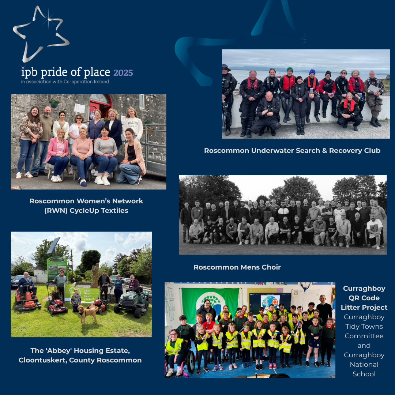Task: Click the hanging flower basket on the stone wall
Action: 54,103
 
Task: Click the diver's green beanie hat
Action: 290,69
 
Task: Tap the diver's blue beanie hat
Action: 312,72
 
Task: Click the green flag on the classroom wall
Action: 210,300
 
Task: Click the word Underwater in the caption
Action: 265,151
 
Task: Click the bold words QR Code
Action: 365,298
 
